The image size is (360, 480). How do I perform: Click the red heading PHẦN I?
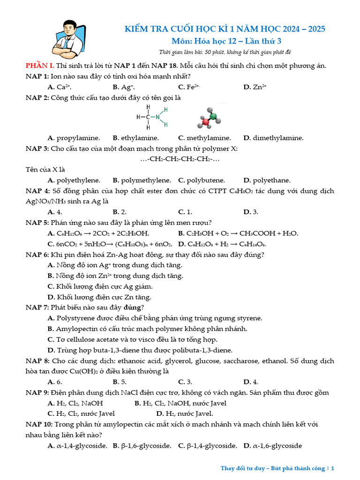(x=39, y=66)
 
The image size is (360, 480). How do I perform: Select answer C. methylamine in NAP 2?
(x=204, y=138)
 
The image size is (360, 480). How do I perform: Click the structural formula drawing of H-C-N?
(x=152, y=117)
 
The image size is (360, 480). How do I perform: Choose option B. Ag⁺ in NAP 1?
(x=124, y=87)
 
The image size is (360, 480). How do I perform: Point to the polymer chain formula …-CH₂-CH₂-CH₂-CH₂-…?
(x=180, y=159)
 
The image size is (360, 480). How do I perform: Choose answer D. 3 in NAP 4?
(x=251, y=212)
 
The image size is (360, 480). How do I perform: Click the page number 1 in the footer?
(x=332, y=468)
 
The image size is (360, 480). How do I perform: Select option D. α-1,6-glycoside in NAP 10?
(x=272, y=446)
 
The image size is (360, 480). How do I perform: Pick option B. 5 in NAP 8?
(x=120, y=382)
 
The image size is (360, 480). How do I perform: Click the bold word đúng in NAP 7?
(x=133, y=307)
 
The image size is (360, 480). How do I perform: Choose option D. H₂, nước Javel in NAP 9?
(x=184, y=413)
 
